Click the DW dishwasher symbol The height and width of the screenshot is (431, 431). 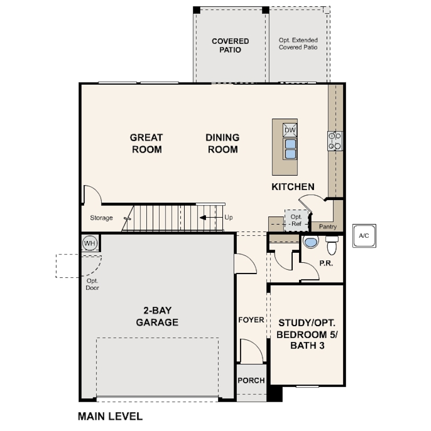click(x=290, y=130)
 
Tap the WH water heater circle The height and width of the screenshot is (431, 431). click(x=89, y=243)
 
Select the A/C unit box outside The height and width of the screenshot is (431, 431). click(x=364, y=236)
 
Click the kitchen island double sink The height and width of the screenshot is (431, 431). click(x=291, y=149)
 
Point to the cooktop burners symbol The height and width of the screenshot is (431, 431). click(x=335, y=141)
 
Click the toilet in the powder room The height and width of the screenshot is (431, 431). click(x=332, y=245)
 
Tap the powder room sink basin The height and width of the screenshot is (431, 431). click(x=311, y=242)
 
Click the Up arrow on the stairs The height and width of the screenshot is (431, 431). click(x=211, y=218)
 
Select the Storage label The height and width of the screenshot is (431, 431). click(x=102, y=218)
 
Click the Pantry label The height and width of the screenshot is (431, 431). click(x=328, y=227)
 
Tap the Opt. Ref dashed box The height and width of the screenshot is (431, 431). click(x=296, y=220)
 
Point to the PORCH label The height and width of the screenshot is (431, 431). click(x=251, y=380)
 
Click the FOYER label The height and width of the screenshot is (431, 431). click(x=251, y=320)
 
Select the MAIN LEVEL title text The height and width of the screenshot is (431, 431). click(x=110, y=417)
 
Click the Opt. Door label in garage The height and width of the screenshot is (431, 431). click(x=93, y=284)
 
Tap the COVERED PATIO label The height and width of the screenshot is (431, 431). click(x=230, y=45)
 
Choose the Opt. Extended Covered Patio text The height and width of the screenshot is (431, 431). click(x=298, y=44)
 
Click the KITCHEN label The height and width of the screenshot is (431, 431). click(x=293, y=187)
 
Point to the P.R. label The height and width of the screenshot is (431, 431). click(x=326, y=263)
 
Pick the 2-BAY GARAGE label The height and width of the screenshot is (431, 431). click(x=157, y=316)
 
